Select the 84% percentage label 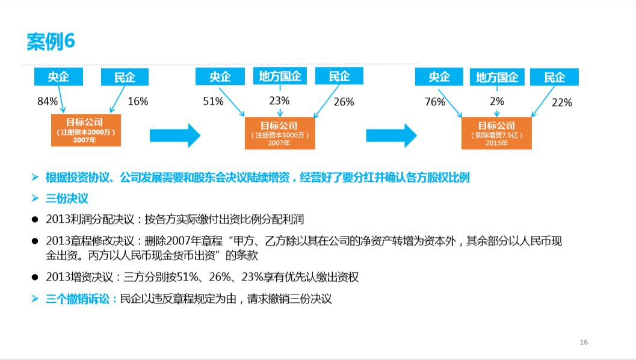pyautogui.click(x=48, y=101)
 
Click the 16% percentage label pyautogui.click(x=138, y=101)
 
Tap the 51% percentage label pyautogui.click(x=213, y=101)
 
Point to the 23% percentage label pyautogui.click(x=279, y=101)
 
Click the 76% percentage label pyautogui.click(x=435, y=102)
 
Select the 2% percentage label pyautogui.click(x=497, y=101)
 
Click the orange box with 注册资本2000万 pyautogui.click(x=86, y=130)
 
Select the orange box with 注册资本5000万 pyautogui.click(x=279, y=134)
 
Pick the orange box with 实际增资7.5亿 pyautogui.click(x=496, y=134)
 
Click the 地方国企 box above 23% pyautogui.click(x=280, y=76)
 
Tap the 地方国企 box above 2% pyautogui.click(x=497, y=77)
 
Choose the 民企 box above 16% pyautogui.click(x=125, y=77)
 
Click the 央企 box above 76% pyautogui.click(x=439, y=77)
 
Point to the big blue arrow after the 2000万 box pyautogui.click(x=174, y=135)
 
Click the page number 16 pyautogui.click(x=584, y=343)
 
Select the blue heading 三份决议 pyautogui.click(x=67, y=198)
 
